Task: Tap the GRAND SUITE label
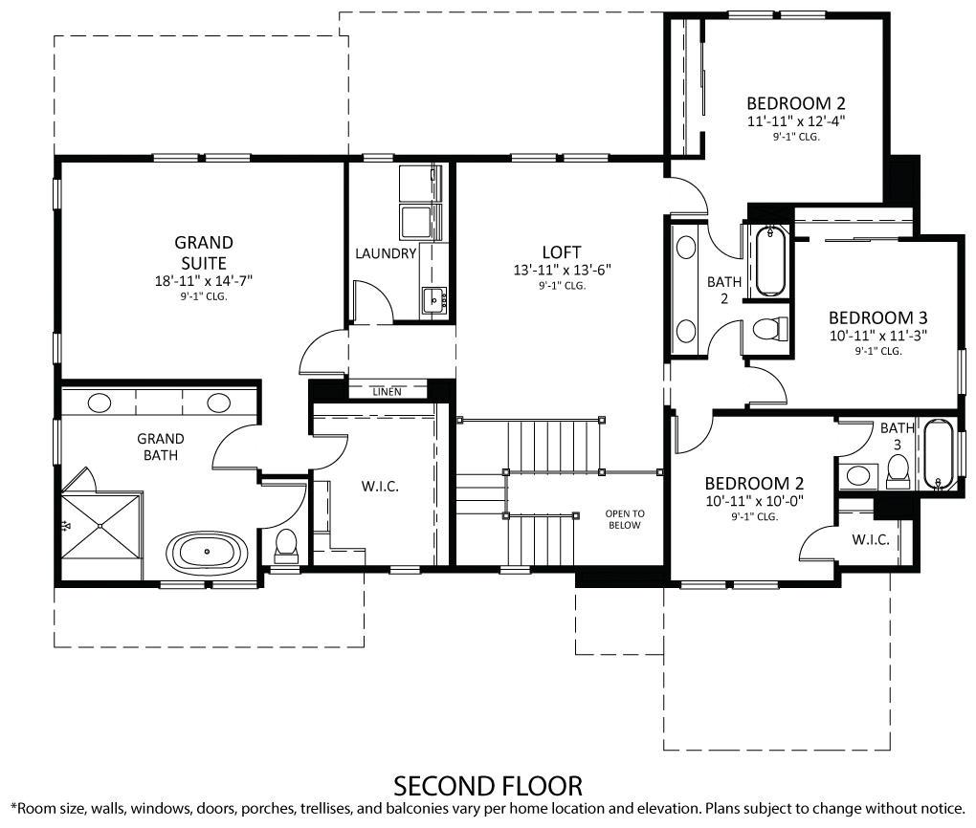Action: click(x=203, y=252)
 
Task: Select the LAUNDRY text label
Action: click(x=386, y=253)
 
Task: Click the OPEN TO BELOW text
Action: click(x=625, y=519)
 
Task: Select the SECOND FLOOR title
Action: click(x=488, y=786)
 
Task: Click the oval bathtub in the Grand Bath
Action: click(x=210, y=553)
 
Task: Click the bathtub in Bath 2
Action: click(x=769, y=261)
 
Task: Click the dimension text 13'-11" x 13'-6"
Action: click(x=562, y=271)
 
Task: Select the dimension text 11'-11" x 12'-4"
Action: click(x=796, y=121)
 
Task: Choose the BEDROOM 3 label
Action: click(x=877, y=317)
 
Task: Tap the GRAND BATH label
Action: click(x=161, y=447)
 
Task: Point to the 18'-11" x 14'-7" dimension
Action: click(x=203, y=281)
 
